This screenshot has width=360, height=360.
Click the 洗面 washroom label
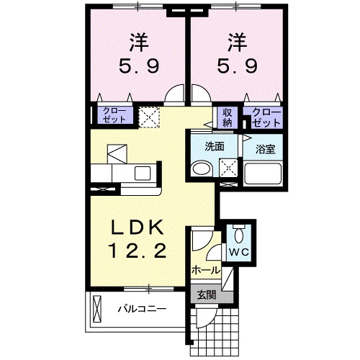214,145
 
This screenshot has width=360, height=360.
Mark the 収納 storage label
227,116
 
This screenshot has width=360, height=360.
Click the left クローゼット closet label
112,116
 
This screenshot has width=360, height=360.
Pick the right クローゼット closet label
264,116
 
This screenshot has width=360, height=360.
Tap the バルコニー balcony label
143,310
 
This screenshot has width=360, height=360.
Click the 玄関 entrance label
206,294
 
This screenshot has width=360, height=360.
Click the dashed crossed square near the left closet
150,117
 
